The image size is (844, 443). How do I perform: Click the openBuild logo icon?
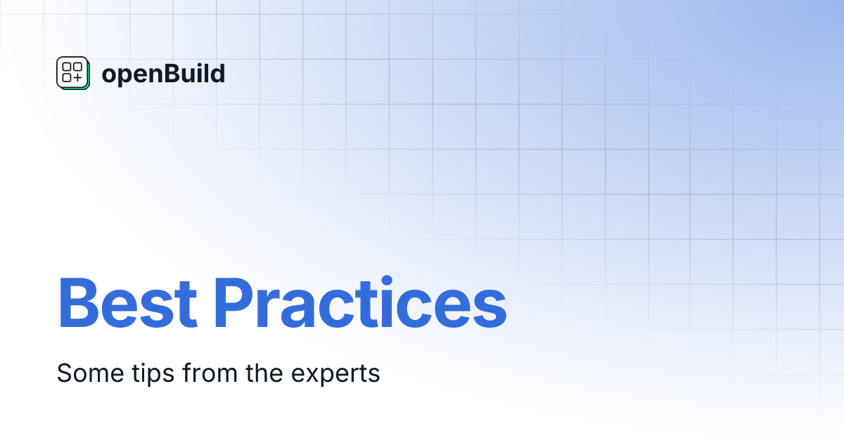72,73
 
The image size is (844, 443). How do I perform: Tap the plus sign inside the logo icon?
77,78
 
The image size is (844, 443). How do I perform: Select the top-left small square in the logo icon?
67,68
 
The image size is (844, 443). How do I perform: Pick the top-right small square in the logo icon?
77,68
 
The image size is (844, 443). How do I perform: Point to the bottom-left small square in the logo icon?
67,78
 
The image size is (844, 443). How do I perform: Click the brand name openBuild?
163,74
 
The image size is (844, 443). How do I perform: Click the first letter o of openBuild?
108,75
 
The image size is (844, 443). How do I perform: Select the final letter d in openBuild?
218,73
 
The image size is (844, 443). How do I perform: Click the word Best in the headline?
127,303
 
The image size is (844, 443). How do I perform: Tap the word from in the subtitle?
207,373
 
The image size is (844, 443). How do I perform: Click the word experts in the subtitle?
338,375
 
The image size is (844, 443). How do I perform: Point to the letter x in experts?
314,375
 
